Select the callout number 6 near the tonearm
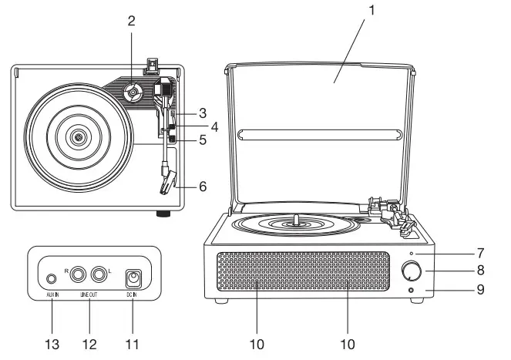203,186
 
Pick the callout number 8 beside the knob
479,270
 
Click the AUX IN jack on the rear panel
52,278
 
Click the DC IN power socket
134,278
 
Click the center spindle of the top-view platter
77,137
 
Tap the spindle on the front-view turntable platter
296,219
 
